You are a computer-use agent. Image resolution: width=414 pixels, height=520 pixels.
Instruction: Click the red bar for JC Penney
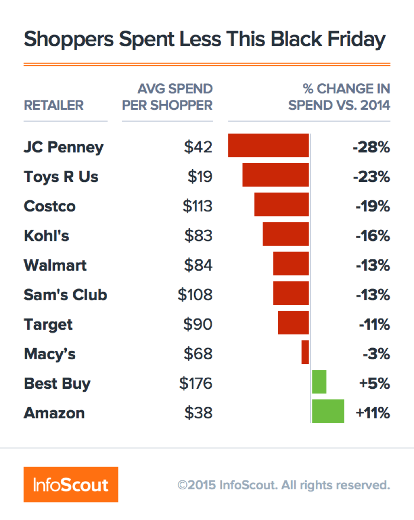pyautogui.click(x=268, y=146)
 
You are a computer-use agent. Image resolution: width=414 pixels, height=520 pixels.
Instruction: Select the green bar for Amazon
pyautogui.click(x=328, y=411)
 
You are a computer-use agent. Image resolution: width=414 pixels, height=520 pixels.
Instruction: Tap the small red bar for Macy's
pyautogui.click(x=305, y=352)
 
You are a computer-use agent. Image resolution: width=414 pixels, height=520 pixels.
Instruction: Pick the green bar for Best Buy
pyautogui.click(x=319, y=382)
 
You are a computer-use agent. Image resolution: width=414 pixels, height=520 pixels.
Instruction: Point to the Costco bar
pyautogui.click(x=281, y=204)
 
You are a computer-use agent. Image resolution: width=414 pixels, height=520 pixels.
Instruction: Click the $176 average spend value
pyautogui.click(x=195, y=383)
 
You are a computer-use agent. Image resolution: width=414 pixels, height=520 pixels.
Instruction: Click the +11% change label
pyautogui.click(x=373, y=413)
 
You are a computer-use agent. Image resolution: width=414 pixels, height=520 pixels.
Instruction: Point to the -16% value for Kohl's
pyautogui.click(x=373, y=236)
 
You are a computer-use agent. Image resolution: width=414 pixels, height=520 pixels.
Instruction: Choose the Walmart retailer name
pyautogui.click(x=55, y=265)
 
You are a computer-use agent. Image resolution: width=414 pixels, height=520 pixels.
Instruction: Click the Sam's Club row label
pyautogui.click(x=65, y=295)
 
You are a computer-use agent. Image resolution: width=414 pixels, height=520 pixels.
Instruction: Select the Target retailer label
pyautogui.click(x=48, y=325)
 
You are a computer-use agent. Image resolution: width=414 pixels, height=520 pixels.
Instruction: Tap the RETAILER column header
pyautogui.click(x=54, y=105)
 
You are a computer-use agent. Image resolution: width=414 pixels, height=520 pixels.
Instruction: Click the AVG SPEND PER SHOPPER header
pyautogui.click(x=167, y=97)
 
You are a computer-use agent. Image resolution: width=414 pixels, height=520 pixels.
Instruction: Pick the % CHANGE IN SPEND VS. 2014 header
pyautogui.click(x=339, y=97)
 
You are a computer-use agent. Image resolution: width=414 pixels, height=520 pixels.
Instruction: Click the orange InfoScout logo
pyautogui.click(x=71, y=485)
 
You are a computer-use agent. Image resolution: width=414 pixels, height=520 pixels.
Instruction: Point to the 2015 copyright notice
pyautogui.click(x=284, y=485)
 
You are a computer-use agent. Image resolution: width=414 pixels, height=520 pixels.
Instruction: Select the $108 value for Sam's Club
pyautogui.click(x=195, y=295)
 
